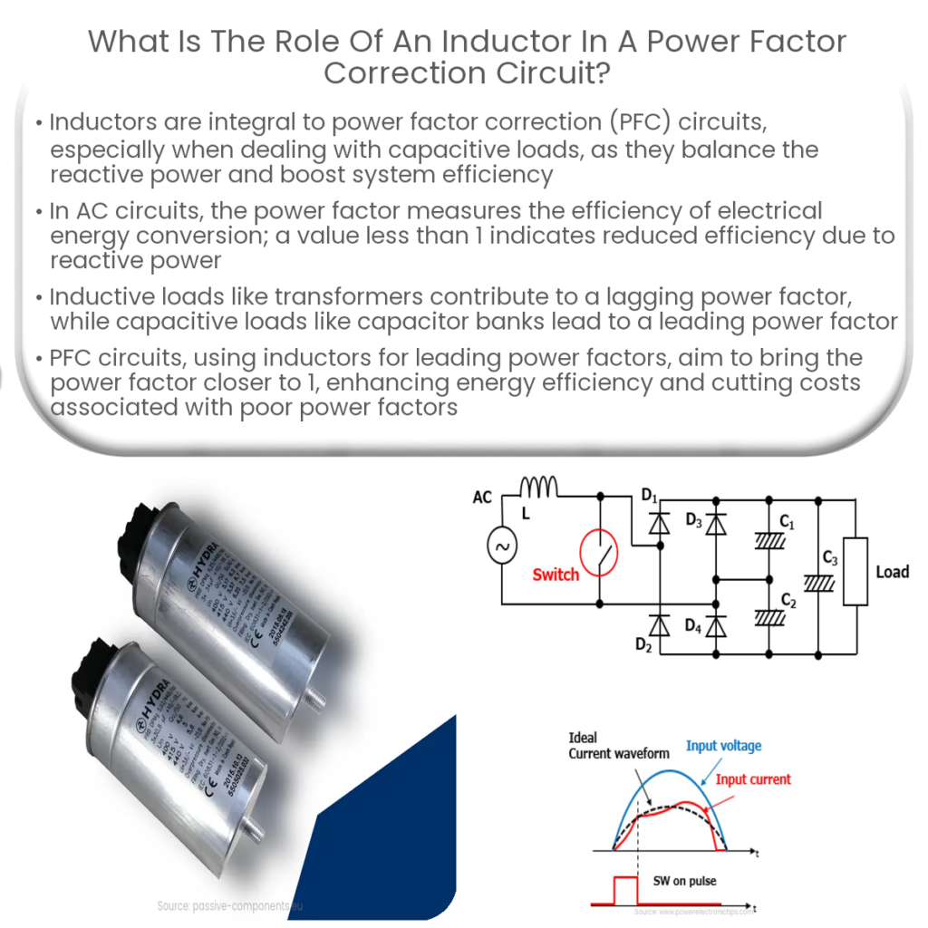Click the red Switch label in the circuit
coord(556,575)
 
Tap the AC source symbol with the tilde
coord(501,546)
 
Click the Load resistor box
coord(855,571)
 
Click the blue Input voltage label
coord(723,746)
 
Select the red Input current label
coord(753,779)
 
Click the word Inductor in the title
coord(457,41)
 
